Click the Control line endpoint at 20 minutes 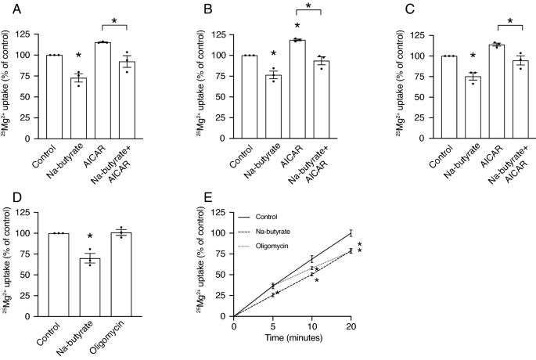pyautogui.click(x=351, y=232)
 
